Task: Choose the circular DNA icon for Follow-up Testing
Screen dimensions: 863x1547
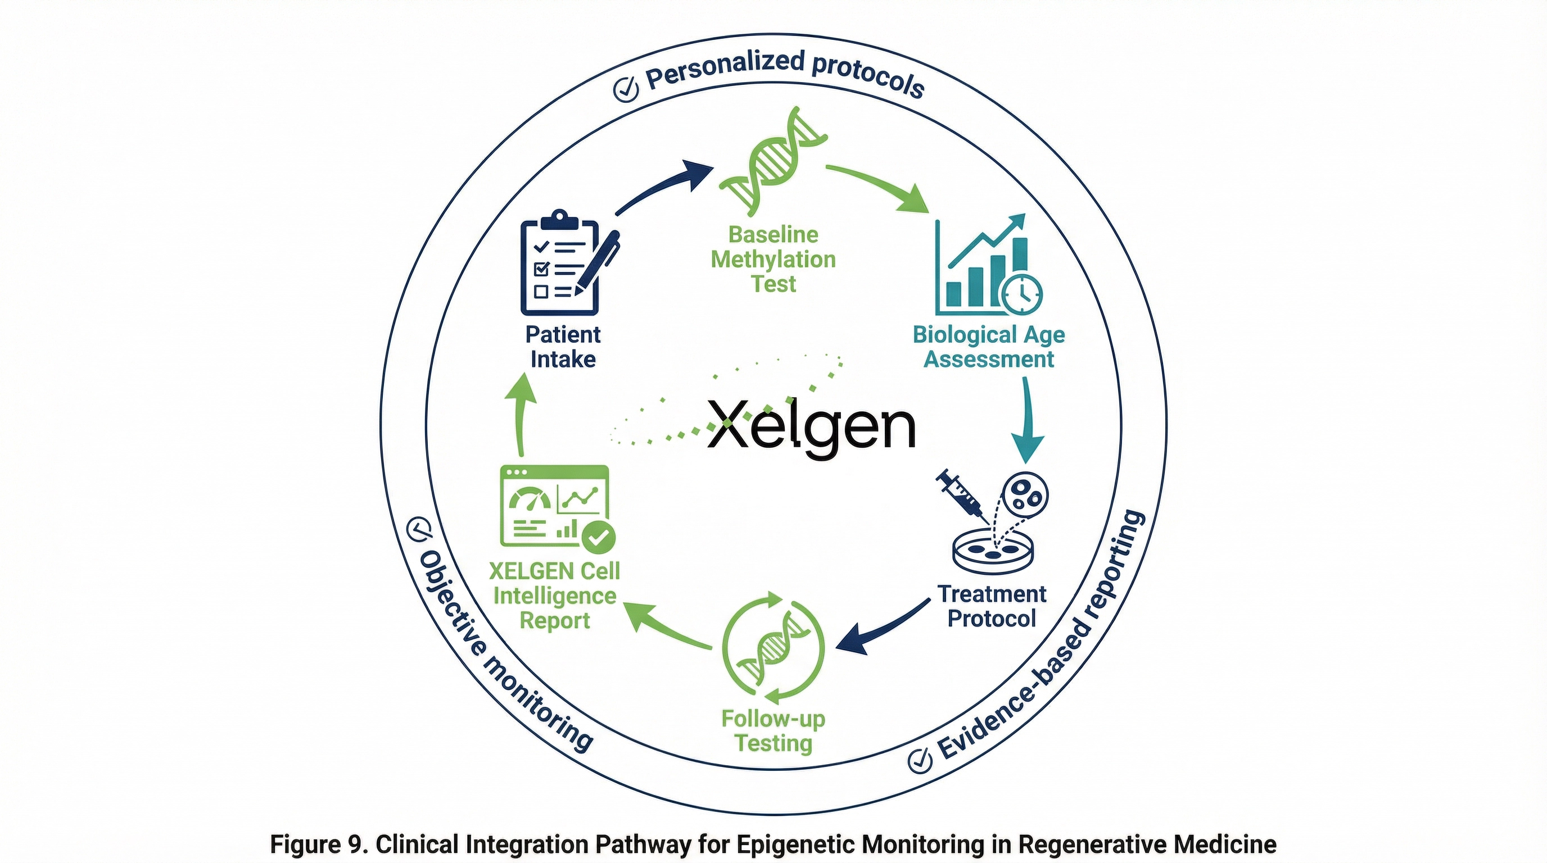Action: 773,648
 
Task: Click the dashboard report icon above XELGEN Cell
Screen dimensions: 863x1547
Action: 554,505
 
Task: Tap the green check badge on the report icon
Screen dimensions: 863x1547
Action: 598,537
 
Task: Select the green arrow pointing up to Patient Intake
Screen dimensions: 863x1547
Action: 519,414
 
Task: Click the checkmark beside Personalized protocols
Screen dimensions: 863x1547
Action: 625,89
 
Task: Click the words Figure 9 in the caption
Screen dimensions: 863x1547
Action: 316,844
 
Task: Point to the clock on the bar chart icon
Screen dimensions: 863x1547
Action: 1023,293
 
